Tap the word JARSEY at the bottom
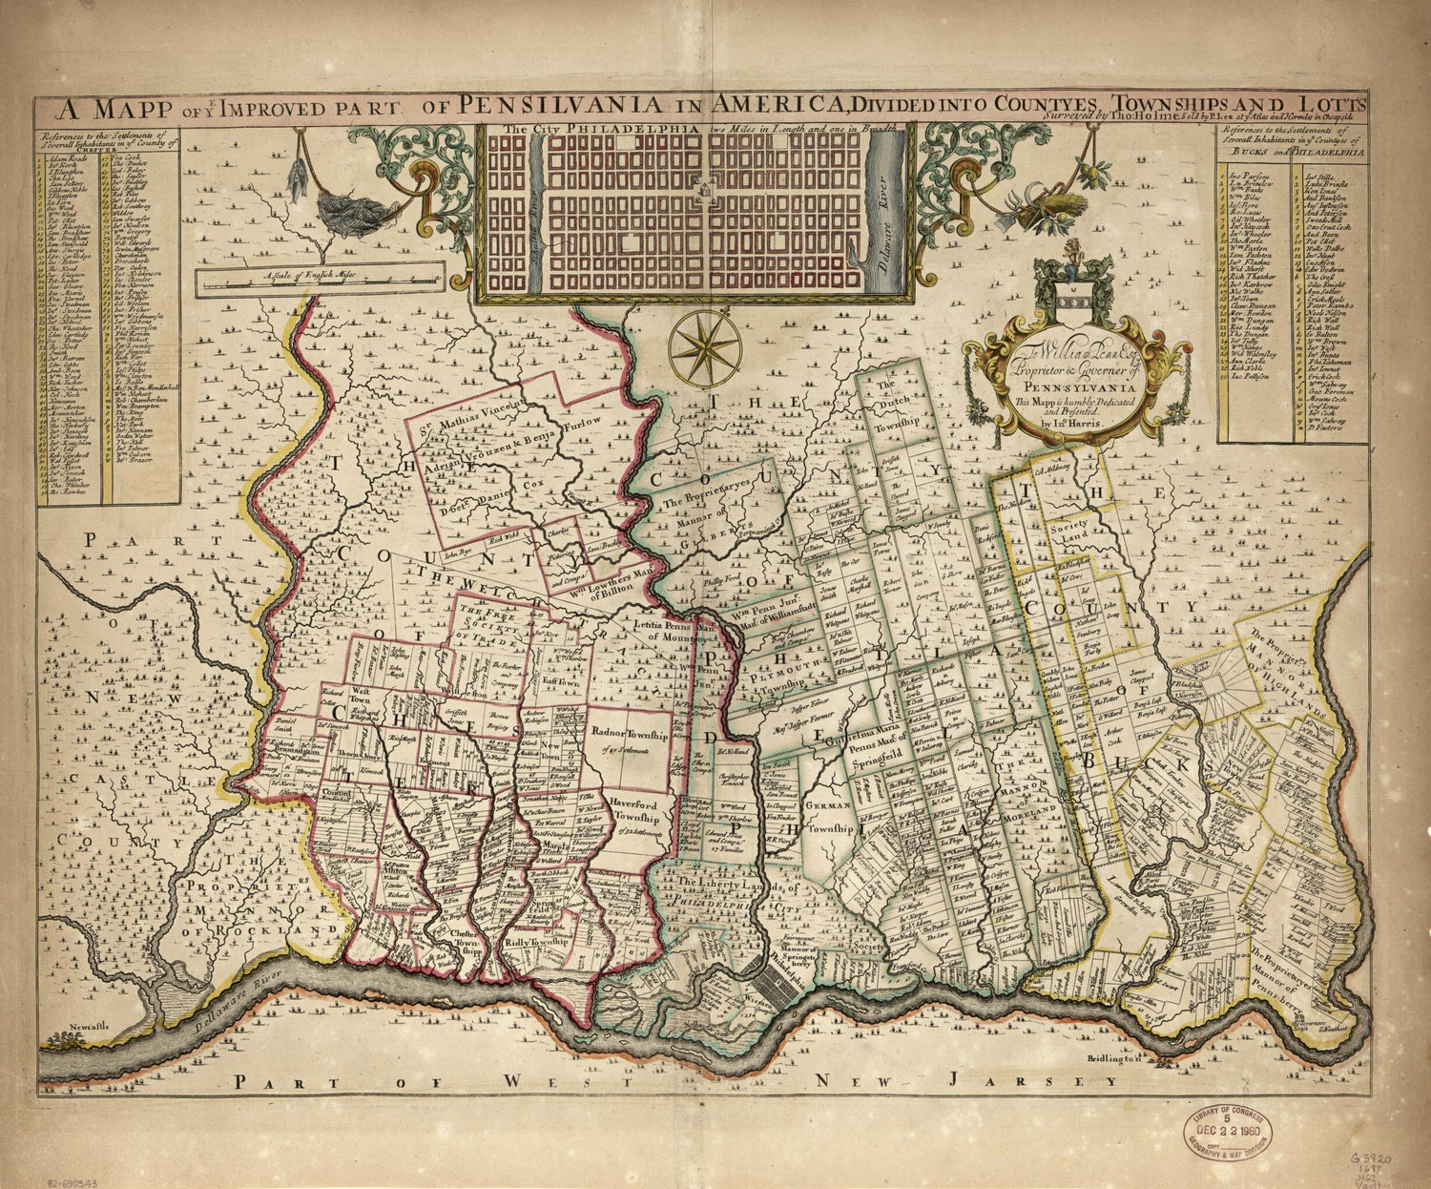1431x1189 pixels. tap(1073, 1081)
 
